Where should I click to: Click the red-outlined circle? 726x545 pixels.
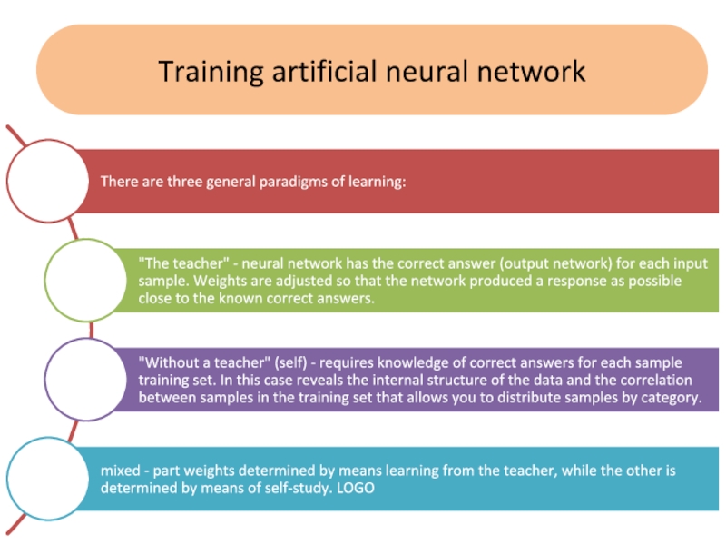point(44,181)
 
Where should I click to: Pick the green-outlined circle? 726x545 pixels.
point(83,276)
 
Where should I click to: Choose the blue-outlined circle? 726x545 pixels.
point(44,476)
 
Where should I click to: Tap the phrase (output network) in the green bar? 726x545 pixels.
point(480,262)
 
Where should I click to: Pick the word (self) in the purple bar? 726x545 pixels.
point(276,361)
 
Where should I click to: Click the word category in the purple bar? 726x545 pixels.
point(669,398)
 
